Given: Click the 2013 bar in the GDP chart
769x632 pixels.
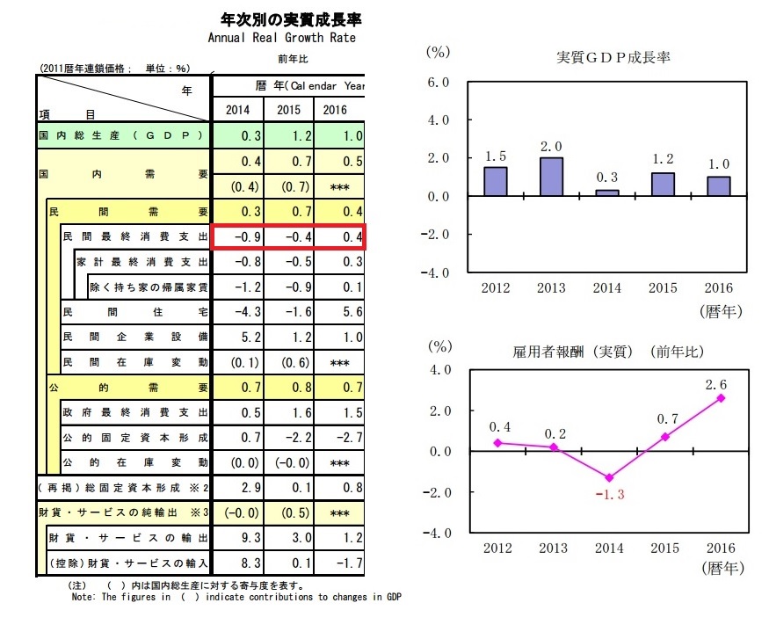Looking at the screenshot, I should [551, 177].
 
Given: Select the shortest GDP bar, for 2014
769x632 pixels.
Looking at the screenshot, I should [607, 193].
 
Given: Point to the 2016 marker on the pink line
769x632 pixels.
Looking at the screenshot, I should [722, 397].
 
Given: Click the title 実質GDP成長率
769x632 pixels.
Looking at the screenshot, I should [613, 58].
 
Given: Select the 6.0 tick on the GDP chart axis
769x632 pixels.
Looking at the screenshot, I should [437, 82].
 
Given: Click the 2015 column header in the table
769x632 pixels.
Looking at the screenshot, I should [289, 109].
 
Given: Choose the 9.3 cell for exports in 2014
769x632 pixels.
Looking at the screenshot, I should [238, 536].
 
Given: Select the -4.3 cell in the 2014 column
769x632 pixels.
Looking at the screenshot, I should [238, 312].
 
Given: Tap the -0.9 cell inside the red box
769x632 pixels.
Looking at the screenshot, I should [238, 237].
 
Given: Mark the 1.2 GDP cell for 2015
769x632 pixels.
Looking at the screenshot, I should [289, 136].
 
